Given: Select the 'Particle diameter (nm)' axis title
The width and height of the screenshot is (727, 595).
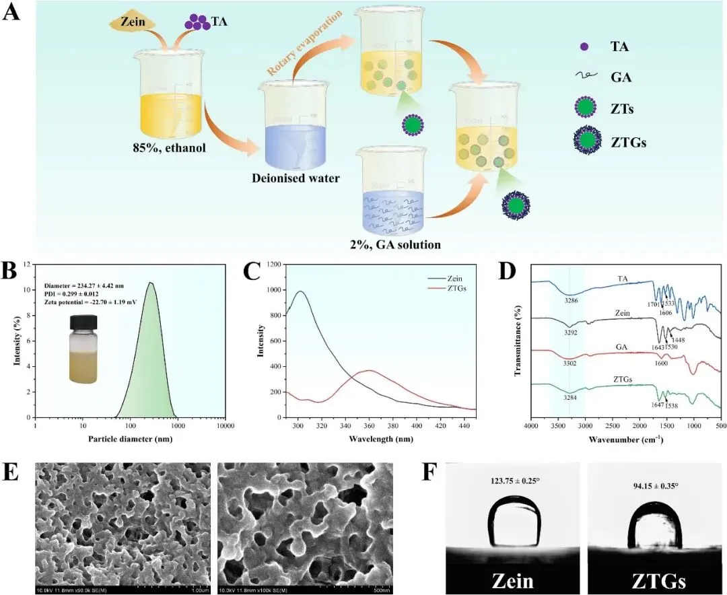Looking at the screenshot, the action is [132, 439].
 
